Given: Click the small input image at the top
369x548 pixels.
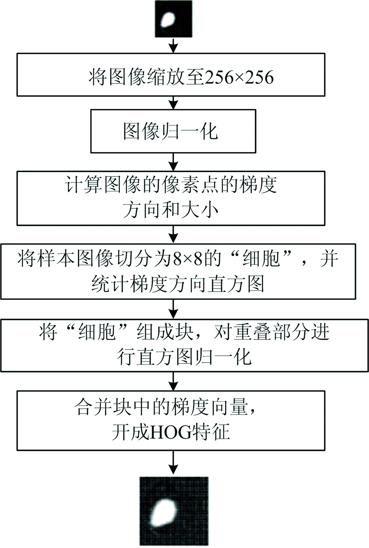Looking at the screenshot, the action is coord(174,19).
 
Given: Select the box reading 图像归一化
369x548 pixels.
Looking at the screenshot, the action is coord(173,131).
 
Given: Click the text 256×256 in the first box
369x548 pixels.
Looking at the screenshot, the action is coord(239,77).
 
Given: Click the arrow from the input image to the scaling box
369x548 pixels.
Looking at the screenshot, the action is coord(174,45).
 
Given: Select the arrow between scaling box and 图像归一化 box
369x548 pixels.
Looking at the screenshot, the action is coord(174,103).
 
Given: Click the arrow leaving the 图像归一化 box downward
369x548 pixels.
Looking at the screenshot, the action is coord(174,162).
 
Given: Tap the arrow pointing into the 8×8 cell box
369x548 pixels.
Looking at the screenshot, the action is coord(174,234).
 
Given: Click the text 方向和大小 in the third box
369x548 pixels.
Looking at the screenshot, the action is coord(170,210).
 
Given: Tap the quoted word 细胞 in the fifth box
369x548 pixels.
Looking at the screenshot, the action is coord(97,333).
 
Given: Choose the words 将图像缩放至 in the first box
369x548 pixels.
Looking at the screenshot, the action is coord(146,77).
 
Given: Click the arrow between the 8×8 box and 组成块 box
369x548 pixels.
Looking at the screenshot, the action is coord(174,309).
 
